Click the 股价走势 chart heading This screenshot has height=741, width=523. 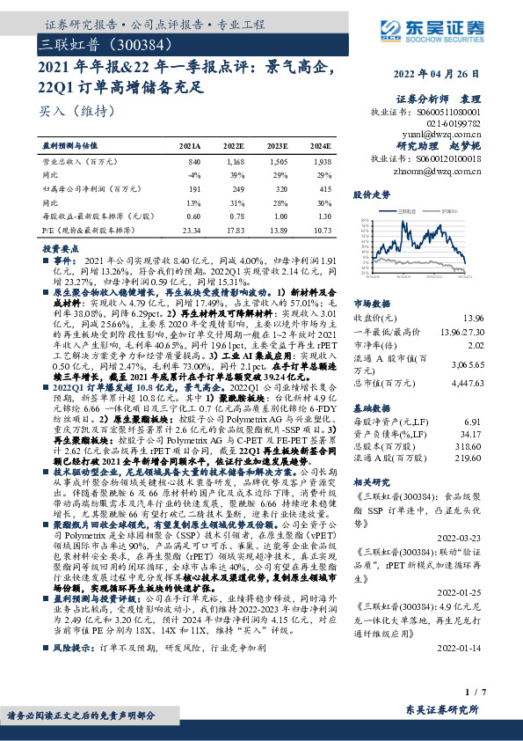tap(371, 193)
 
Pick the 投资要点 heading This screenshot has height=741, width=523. tap(62, 248)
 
